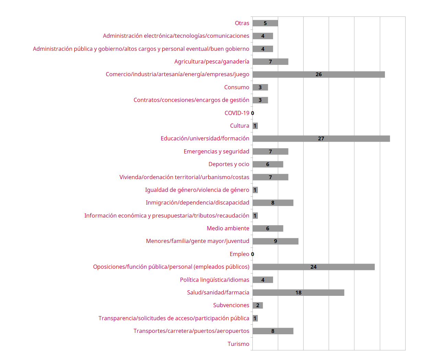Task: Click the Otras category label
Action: [242, 23]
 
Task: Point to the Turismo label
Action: [238, 344]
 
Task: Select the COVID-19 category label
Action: [237, 113]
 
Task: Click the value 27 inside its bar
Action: [321, 139]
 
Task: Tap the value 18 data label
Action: [298, 292]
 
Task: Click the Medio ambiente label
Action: [228, 228]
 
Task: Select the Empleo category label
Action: [239, 254]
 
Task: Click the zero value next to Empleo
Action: [252, 254]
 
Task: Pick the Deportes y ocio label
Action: [229, 164]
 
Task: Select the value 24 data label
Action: [313, 267]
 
